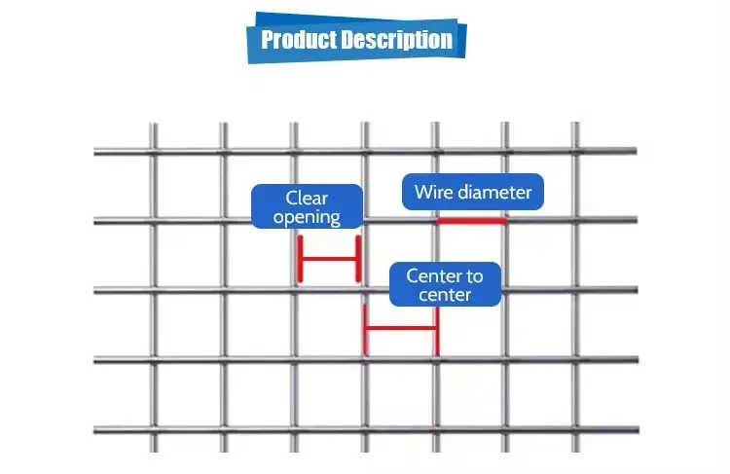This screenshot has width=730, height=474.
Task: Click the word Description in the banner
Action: pos(396,40)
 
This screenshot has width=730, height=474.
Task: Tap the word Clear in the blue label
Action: pos(307,199)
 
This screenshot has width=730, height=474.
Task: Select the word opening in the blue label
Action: pos(307,217)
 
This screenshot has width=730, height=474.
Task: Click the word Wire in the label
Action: pos(432,192)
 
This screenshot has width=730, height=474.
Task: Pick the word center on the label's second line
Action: pos(445,294)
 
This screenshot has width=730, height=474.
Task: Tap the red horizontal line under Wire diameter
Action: pos(472,221)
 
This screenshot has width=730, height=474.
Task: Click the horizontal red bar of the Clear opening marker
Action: pos(330,259)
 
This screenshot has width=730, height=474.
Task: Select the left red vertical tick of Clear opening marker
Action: pos(301,259)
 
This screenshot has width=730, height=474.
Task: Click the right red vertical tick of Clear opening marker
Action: pos(358,259)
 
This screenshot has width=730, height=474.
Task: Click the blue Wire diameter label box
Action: pos(473,192)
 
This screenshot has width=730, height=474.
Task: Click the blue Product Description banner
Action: pos(356,40)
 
